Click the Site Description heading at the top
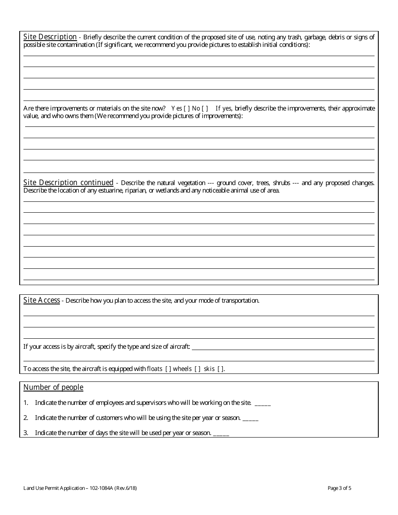(50, 37)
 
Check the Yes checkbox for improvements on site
(186, 108)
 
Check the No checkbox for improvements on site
(205, 108)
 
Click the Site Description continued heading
(68, 183)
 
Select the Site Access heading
(41, 300)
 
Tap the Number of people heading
(53, 387)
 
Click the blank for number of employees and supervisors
(263, 403)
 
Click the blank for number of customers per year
(251, 418)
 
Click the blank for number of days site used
(221, 433)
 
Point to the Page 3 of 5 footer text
(342, 488)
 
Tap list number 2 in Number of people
(26, 418)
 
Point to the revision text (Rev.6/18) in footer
(124, 488)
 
